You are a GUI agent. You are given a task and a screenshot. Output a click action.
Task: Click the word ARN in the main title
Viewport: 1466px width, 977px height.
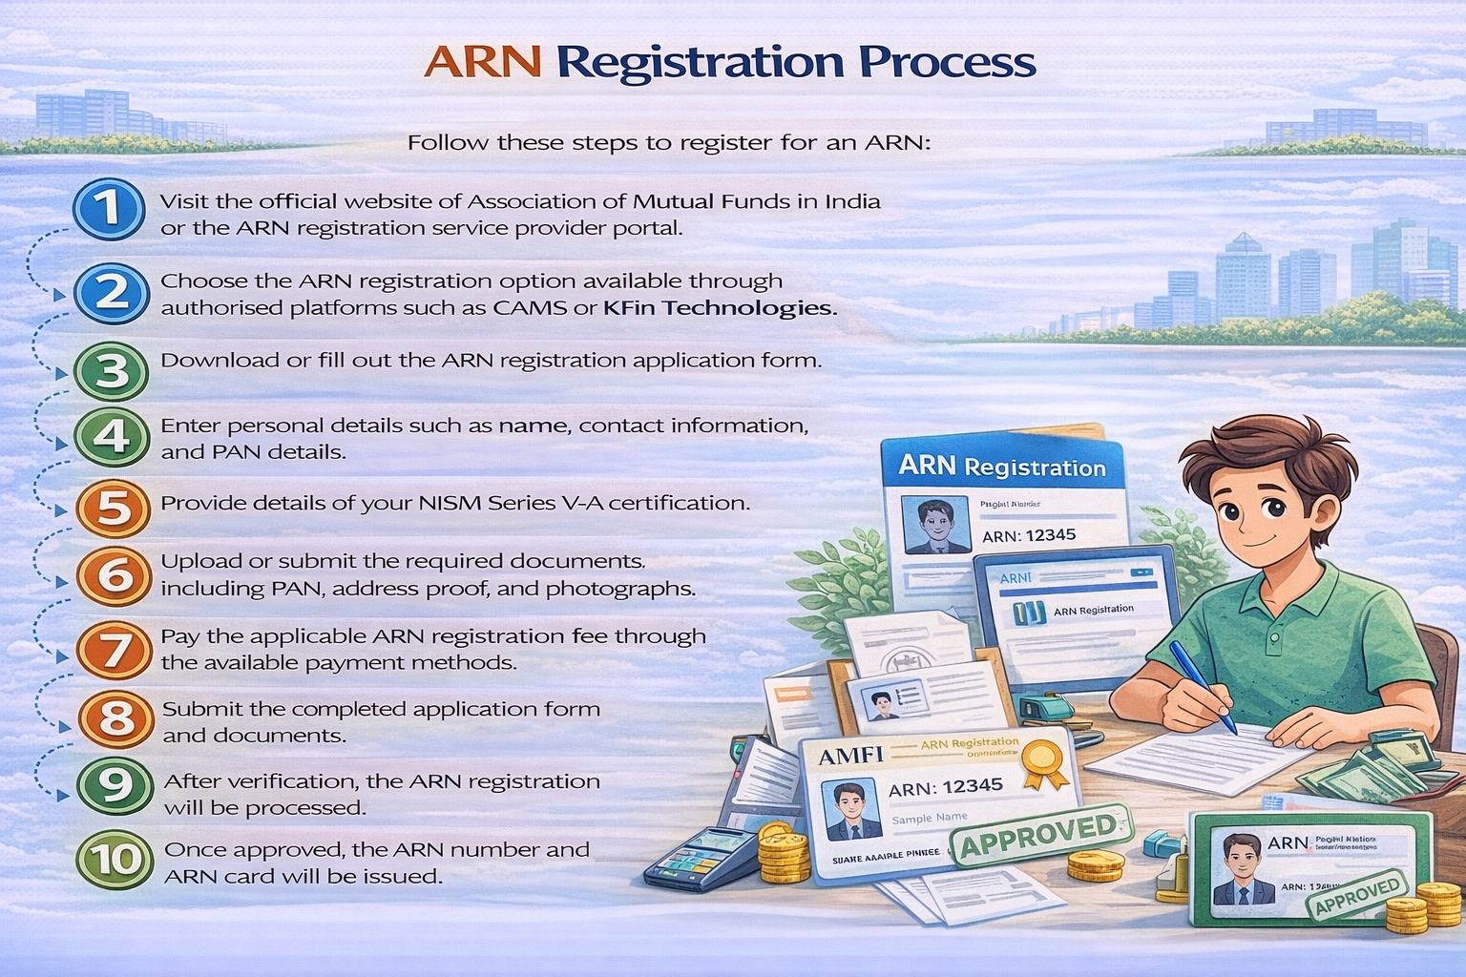(x=482, y=62)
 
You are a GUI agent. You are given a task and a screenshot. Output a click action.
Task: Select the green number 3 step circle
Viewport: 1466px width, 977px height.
(x=112, y=370)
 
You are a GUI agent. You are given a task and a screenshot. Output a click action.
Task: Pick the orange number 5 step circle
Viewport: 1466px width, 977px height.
(x=113, y=509)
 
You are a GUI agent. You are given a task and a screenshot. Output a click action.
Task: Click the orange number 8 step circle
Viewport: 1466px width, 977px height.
(x=115, y=719)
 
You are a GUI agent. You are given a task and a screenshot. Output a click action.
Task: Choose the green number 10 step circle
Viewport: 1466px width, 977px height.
(x=115, y=859)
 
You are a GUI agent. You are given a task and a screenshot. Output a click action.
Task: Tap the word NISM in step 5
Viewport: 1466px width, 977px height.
(x=450, y=503)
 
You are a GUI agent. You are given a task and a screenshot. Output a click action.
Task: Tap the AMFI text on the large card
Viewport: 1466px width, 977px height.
(x=851, y=756)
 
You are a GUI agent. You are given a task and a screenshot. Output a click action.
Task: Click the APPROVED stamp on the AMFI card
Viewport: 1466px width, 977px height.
(x=1038, y=835)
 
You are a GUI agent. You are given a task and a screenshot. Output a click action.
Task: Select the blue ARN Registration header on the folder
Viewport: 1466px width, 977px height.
(x=1002, y=467)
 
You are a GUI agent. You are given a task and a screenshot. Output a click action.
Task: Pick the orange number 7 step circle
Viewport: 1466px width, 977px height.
(x=115, y=650)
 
